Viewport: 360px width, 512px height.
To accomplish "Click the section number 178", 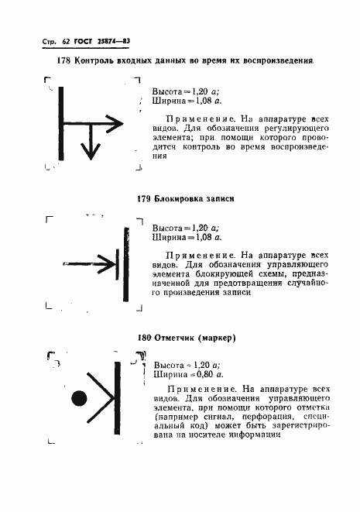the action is coord(63,60).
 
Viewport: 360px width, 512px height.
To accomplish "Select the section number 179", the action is coord(143,198).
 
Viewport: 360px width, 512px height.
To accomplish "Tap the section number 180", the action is coord(143,338).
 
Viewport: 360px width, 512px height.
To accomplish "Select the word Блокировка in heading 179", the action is coord(179,198).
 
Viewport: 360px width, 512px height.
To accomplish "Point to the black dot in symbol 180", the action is coord(78,399).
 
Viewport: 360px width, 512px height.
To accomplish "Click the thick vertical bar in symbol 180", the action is coord(118,398).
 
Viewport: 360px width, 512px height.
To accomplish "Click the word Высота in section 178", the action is coord(167,91).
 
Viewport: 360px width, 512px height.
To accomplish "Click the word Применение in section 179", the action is coord(195,254).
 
